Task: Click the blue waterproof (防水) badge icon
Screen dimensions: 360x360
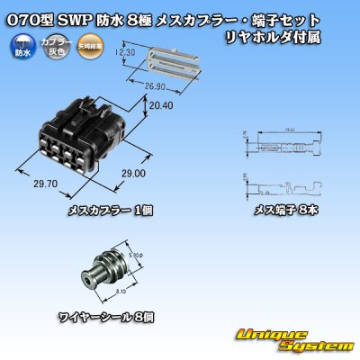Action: [x=19, y=45]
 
